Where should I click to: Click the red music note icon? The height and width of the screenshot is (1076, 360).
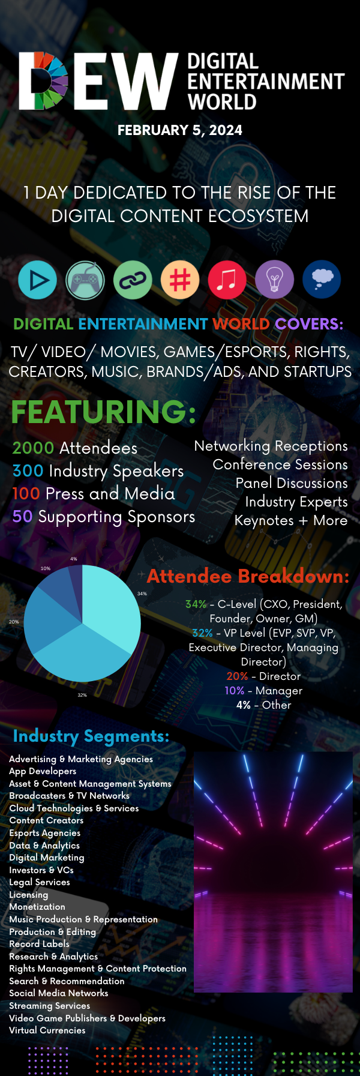coord(227,280)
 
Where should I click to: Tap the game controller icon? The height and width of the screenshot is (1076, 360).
coord(85,280)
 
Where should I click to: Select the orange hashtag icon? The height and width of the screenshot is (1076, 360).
coord(180,280)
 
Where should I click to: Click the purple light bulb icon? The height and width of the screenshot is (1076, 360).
coord(274,280)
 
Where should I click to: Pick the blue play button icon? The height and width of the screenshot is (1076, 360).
coord(38,280)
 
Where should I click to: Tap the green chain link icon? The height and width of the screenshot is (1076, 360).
coord(133,280)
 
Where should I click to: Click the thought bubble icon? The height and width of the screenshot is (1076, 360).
coord(322,280)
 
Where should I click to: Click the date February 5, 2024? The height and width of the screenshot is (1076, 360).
coord(180,130)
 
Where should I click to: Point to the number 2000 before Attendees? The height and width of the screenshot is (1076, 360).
coord(33,448)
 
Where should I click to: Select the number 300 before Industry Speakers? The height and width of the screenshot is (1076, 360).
coord(28,471)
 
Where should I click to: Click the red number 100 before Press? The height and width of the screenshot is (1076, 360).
coord(26,494)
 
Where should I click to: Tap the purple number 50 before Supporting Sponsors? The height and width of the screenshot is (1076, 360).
coord(22,517)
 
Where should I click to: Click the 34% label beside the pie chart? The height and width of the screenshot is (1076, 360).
coord(142,594)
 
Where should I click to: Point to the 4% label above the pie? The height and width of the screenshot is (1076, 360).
coord(74,559)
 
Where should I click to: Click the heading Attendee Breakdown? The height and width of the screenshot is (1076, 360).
coord(248,576)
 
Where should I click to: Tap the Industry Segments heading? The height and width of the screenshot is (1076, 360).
coord(91,736)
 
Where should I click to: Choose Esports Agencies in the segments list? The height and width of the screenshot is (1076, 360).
coord(44,833)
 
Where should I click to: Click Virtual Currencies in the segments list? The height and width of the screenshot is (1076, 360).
coord(47,1030)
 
